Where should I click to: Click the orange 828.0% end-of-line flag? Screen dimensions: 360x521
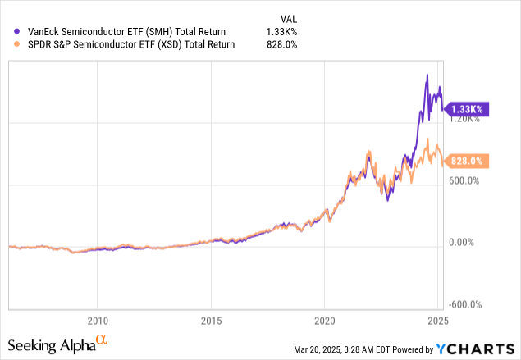click(469, 162)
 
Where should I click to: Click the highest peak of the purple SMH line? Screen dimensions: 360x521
click(426, 75)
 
